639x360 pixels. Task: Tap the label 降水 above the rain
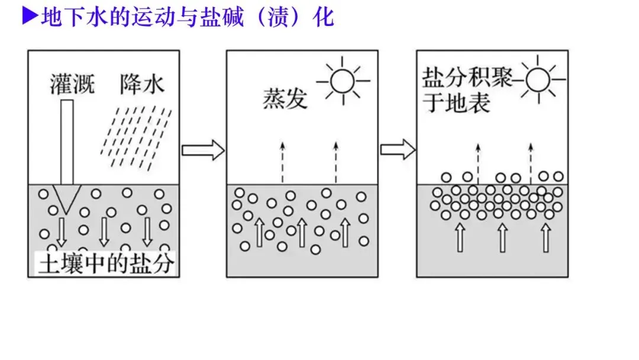pos(141,84)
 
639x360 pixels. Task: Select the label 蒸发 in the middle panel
pos(285,98)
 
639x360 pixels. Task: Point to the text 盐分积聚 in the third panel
pos(467,78)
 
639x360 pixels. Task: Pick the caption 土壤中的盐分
pos(106,263)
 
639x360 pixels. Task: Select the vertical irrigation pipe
pos(67,142)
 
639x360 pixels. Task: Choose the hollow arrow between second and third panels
pos(397,149)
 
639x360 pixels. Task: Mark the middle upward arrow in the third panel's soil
pos(502,237)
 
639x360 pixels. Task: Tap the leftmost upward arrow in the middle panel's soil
pos(259,232)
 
